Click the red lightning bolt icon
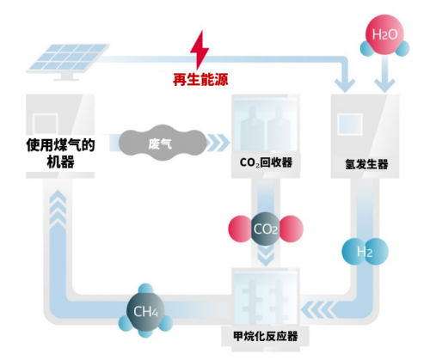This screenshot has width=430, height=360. click(x=200, y=50)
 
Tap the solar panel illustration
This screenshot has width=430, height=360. click(x=68, y=61)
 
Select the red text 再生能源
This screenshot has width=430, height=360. click(x=200, y=79)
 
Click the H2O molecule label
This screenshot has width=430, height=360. click(x=384, y=34)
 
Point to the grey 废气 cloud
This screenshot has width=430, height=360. click(x=163, y=143)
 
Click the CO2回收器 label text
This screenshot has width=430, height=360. click(x=266, y=162)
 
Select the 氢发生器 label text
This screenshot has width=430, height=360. click(x=366, y=164)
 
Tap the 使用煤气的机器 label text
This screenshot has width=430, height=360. click(x=60, y=153)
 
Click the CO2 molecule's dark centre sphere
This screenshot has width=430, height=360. click(x=266, y=229)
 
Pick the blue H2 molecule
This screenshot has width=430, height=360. click(x=365, y=252)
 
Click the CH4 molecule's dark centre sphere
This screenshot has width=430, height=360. click(x=145, y=311)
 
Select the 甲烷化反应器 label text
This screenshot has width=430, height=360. click(x=266, y=336)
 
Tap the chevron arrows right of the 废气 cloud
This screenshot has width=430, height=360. click(x=218, y=143)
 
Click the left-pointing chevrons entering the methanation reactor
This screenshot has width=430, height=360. click(x=317, y=309)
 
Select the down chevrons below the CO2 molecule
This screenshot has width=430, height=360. click(x=266, y=256)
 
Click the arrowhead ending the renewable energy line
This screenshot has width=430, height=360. click(x=345, y=85)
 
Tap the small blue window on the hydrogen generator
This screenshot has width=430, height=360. click(x=350, y=125)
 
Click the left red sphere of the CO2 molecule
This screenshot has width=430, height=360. click(x=240, y=229)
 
